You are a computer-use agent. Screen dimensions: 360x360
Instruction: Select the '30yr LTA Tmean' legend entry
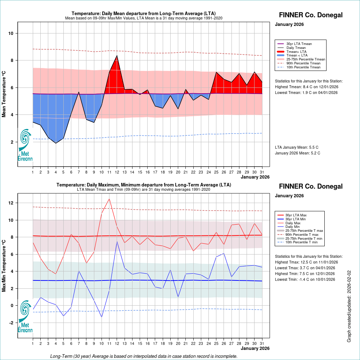tap(299, 44)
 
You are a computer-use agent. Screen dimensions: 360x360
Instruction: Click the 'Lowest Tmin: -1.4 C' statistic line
tap(305, 279)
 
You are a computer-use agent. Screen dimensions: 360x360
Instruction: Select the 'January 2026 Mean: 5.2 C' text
tap(297, 153)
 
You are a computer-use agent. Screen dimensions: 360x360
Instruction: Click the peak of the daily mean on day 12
tap(117, 55)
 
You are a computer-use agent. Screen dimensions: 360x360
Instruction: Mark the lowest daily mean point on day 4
tap(56, 143)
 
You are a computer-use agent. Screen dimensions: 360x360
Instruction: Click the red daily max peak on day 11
tap(109, 199)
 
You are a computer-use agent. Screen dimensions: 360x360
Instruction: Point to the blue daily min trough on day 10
tap(102, 317)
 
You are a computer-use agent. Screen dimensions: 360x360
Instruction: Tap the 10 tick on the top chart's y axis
tap(11, 33)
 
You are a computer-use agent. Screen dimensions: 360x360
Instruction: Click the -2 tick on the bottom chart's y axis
tap(11, 323)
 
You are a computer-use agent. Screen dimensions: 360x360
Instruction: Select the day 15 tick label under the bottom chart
tap(140, 343)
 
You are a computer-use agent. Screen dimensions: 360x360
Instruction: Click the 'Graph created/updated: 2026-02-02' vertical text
tap(349, 306)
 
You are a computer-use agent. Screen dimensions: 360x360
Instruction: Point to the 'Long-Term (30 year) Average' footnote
tap(144, 356)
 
